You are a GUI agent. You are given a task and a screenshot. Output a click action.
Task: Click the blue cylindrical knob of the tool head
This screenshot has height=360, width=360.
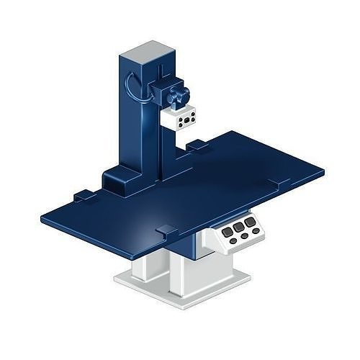coord(177,95)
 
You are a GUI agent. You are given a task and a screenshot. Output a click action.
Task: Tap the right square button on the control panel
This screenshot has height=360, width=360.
coord(250,222)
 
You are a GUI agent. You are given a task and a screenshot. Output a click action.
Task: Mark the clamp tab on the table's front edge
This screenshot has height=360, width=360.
coord(166,230)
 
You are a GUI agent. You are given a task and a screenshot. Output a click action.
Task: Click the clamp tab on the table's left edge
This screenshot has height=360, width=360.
coord(83,194)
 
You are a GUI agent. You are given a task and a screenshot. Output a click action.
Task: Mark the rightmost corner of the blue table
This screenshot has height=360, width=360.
coord(321,173)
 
